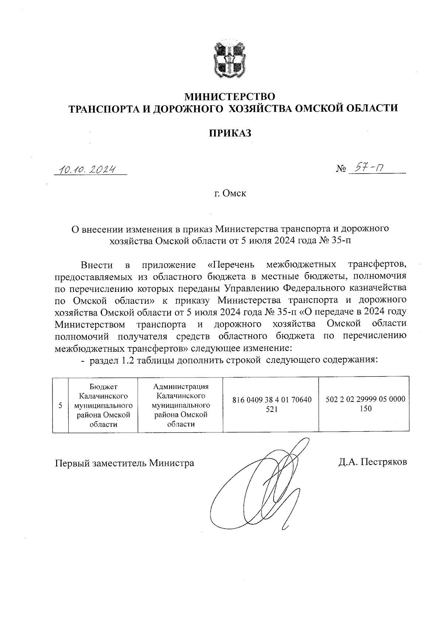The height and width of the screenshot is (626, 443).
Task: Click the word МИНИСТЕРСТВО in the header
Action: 230,97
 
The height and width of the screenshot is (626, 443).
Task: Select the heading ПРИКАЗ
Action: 230,133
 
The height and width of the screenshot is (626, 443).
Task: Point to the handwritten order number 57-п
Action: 368,168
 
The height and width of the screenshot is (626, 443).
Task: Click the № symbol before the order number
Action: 341,170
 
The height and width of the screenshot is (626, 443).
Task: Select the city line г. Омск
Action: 230,193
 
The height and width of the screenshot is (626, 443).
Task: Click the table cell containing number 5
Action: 60,405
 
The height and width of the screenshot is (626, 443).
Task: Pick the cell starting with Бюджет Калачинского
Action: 103,405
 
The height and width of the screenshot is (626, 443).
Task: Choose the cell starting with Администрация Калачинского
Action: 181,405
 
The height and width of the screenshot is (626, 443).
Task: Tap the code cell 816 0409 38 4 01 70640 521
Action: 271,404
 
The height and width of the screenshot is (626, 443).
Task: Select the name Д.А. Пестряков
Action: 373,462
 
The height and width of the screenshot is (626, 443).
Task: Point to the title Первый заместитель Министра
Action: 124,463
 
